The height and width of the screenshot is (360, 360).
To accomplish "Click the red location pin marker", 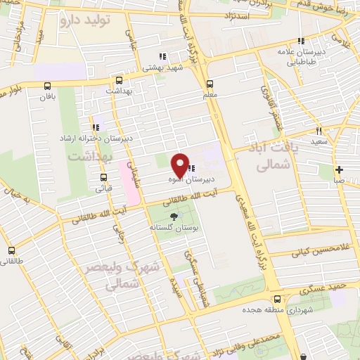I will (x=180, y=165).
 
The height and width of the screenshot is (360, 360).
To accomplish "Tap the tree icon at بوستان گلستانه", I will (x=174, y=217).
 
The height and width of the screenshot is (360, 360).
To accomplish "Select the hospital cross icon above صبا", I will (x=340, y=169).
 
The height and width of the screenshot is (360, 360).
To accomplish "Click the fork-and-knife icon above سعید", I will (x=319, y=131).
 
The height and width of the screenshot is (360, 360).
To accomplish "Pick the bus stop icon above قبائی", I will (x=103, y=176).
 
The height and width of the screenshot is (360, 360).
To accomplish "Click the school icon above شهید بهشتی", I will (x=162, y=57).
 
